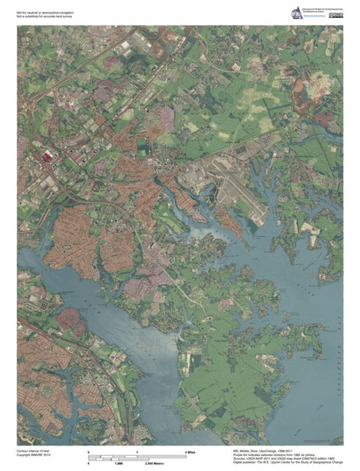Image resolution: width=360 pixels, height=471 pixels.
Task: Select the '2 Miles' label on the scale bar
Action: [x=190, y=452]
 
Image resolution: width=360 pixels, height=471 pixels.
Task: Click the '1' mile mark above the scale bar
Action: [x=137, y=452]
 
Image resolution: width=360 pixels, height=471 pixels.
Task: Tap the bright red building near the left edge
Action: [x=48, y=156]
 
